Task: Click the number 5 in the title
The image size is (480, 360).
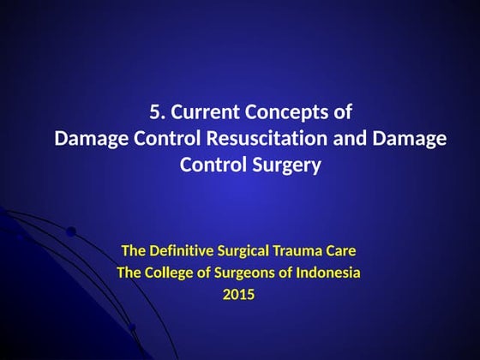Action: [x=154, y=111]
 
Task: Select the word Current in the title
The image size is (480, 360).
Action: [x=201, y=111]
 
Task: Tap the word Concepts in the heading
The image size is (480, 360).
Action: [x=285, y=111]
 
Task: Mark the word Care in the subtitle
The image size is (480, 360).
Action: [x=341, y=252]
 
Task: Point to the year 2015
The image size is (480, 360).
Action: [x=239, y=295]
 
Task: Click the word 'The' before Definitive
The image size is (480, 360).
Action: [x=135, y=252]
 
